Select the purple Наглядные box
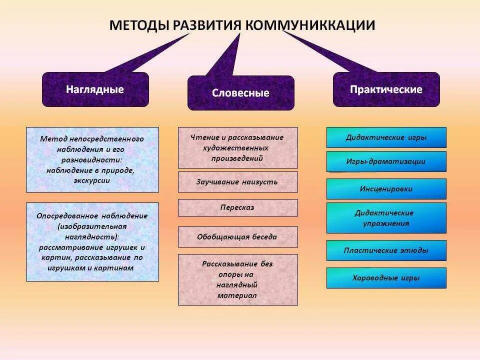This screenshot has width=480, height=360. tap(95, 89)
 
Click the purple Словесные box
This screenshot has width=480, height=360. tap(240, 93)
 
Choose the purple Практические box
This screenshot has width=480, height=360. tap(386, 89)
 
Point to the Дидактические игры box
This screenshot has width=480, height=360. tap(386, 137)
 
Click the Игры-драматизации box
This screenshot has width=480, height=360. tap(386, 161)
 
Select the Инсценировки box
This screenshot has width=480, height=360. tap(386, 189)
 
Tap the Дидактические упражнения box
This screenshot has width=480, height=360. tap(386, 218)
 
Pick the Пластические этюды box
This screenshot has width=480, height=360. tap(386, 250)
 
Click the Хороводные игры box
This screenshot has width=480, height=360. tap(386, 278)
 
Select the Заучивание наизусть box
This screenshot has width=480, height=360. tap(237, 182)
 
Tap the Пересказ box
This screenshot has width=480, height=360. tap(237, 207)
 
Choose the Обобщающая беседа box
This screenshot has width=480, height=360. tap(237, 237)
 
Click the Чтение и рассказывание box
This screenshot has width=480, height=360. tap(237, 147)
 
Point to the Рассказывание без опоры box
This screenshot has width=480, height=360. tap(237, 279)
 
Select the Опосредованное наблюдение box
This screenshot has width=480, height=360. tap(92, 242)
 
